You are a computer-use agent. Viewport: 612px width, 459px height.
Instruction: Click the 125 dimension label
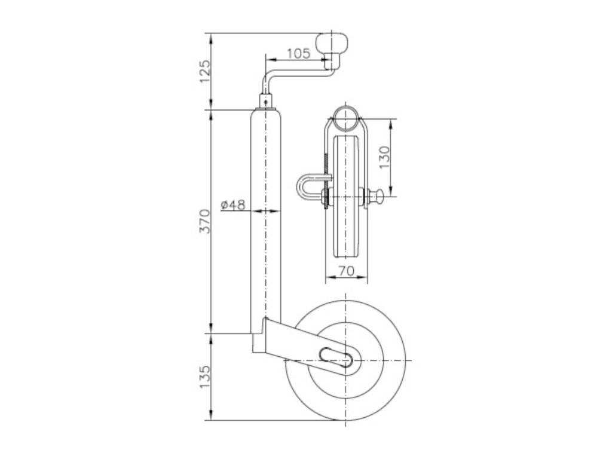(205, 71)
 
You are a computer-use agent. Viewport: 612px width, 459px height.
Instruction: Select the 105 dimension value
(299, 53)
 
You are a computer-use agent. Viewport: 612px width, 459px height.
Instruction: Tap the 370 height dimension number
(205, 221)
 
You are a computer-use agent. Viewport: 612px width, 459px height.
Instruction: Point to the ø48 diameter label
(233, 204)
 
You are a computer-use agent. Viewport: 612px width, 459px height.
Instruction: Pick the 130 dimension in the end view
(384, 157)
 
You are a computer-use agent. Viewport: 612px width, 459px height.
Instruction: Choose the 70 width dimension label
(346, 271)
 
